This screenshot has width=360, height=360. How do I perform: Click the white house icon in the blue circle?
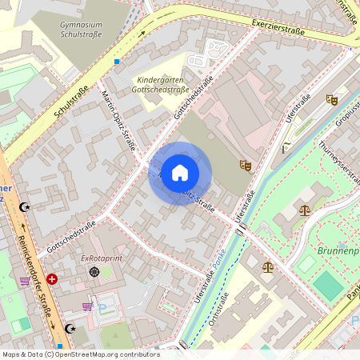(180, 173)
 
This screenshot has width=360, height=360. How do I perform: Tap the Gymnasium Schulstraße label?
(85, 30)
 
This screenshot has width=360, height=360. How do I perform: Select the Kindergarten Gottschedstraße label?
(163, 85)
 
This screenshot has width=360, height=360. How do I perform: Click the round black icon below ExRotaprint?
(95, 272)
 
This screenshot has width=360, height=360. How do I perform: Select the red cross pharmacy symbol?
(52, 279)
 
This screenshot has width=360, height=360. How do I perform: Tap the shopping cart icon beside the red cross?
(25, 282)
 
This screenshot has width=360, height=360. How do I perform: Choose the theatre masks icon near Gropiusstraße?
(331, 99)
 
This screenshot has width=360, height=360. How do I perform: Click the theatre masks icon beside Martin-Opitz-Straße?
(246, 165)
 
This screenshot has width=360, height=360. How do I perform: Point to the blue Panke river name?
(214, 258)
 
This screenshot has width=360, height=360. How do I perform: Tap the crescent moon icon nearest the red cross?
(70, 329)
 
